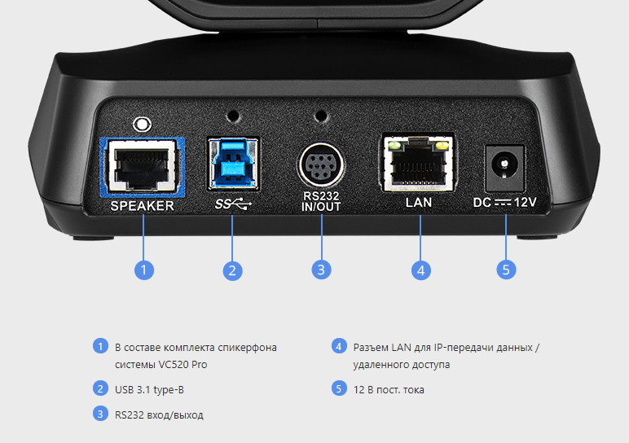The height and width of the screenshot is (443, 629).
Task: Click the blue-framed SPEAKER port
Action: (x=143, y=166)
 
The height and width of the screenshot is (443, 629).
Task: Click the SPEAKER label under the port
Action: (x=143, y=206)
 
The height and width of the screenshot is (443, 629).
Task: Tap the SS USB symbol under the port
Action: (x=234, y=203)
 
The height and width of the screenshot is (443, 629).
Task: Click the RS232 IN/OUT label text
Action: (x=320, y=203)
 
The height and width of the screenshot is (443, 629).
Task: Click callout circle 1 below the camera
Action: (x=143, y=270)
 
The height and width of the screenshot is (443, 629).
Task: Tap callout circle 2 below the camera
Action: (x=232, y=270)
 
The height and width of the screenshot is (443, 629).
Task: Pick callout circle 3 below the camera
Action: (x=321, y=270)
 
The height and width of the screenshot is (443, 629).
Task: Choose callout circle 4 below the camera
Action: (x=420, y=270)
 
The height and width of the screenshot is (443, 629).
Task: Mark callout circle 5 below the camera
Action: (x=506, y=270)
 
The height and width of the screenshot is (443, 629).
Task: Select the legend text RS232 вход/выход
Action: (x=159, y=414)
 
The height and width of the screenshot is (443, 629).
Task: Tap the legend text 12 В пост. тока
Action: (x=389, y=389)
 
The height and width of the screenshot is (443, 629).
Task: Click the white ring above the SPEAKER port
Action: (x=143, y=125)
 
